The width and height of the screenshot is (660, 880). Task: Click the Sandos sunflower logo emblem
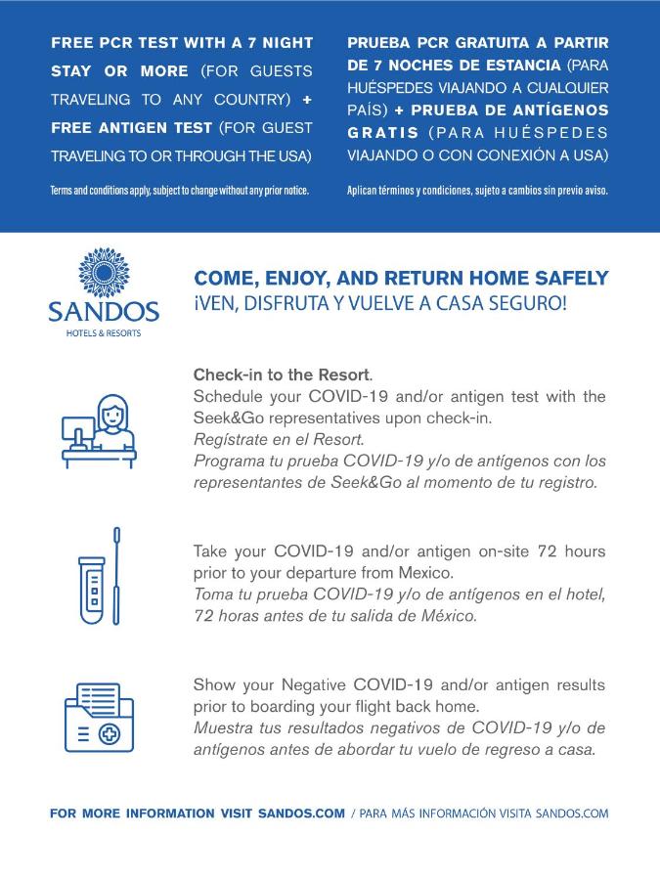click(x=103, y=273)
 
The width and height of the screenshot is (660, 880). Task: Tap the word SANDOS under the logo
click(x=103, y=313)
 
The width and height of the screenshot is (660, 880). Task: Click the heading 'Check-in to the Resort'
click(x=282, y=374)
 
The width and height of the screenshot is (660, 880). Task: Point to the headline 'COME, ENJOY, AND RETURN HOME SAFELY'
click(x=401, y=279)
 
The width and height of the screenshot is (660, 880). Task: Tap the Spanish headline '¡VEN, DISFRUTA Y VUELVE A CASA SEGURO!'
click(x=379, y=303)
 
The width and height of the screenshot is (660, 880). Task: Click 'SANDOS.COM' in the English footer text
click(x=301, y=813)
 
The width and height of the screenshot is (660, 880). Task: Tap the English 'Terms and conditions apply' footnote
click(x=179, y=190)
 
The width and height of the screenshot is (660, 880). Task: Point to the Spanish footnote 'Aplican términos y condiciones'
click(x=477, y=190)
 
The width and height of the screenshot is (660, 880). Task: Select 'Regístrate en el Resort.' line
click(x=279, y=439)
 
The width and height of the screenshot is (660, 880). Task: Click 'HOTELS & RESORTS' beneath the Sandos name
click(x=103, y=333)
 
